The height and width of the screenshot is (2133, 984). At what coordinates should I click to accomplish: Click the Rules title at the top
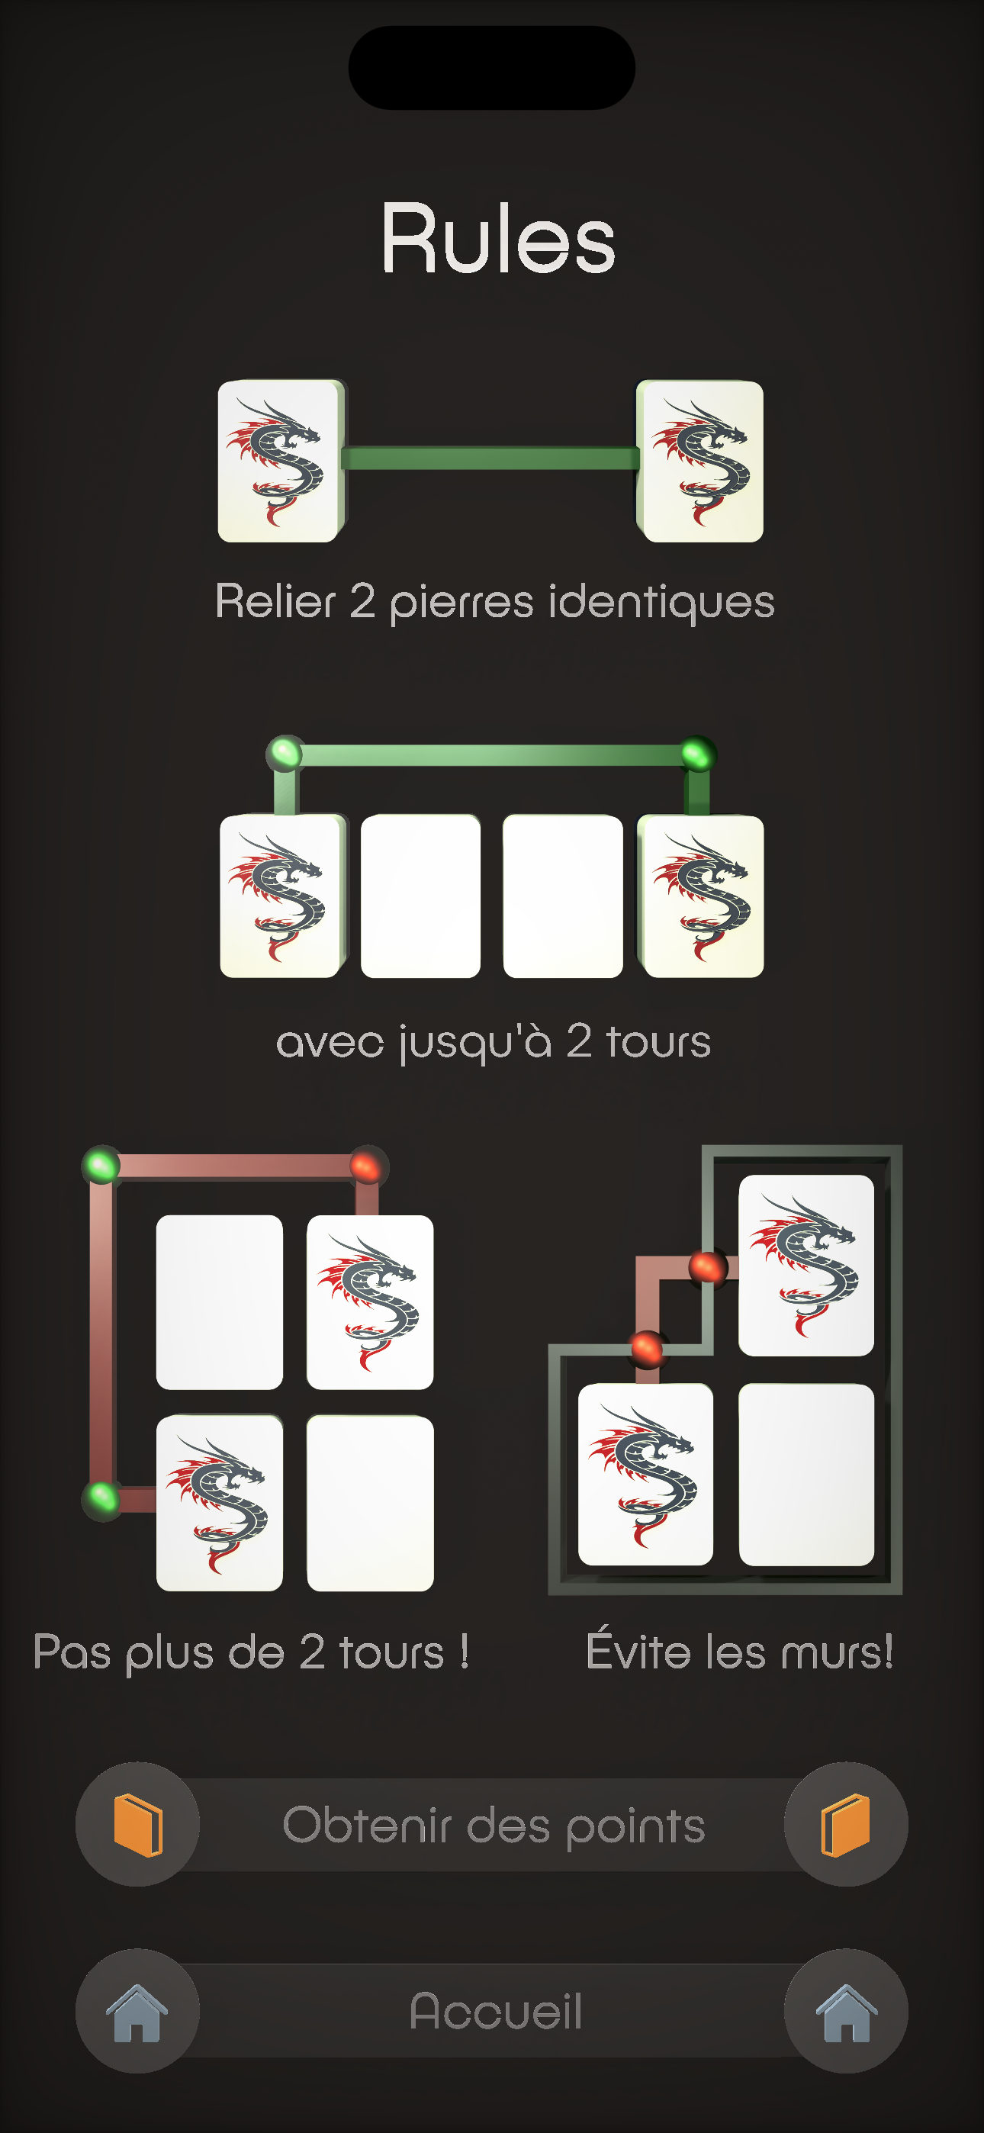498,240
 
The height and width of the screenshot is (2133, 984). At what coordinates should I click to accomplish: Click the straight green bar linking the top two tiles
490,458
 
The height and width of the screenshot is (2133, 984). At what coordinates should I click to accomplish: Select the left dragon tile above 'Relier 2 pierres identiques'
278,462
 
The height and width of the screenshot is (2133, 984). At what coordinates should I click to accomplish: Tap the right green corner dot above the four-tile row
697,754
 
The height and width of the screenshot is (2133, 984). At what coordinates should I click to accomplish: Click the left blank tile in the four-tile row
421,896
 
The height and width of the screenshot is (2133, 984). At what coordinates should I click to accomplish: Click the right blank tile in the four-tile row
563,896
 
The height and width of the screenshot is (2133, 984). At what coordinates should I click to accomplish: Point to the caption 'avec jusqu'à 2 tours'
493,1041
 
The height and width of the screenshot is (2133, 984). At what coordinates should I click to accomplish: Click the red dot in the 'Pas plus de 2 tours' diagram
366,1166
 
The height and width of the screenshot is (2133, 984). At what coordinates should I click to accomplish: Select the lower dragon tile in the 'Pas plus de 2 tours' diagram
220,1502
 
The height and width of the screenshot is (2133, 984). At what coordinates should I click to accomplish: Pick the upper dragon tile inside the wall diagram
806,1265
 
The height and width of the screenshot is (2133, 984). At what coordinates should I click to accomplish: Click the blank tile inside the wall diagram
806,1474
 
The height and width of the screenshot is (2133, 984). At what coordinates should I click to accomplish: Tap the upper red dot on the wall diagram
708,1267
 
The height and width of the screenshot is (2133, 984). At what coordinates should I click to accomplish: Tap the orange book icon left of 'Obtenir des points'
137,1825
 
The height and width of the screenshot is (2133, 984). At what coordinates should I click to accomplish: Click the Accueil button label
495,2011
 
